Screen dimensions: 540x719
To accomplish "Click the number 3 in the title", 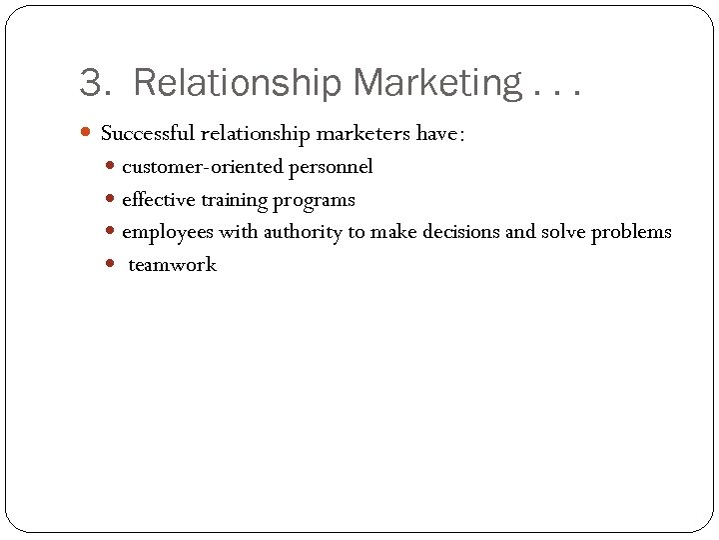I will [92, 83].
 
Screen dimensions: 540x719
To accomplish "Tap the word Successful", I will [148, 134].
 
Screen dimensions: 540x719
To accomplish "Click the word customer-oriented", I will [203, 167].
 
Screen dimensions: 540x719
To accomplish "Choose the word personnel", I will [331, 168].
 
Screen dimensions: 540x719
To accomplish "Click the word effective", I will [158, 200].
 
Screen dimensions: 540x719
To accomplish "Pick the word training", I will [235, 201].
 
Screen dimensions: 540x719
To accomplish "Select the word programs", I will [315, 201].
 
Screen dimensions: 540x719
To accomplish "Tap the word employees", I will [166, 233].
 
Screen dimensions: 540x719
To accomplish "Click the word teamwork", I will [172, 265].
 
